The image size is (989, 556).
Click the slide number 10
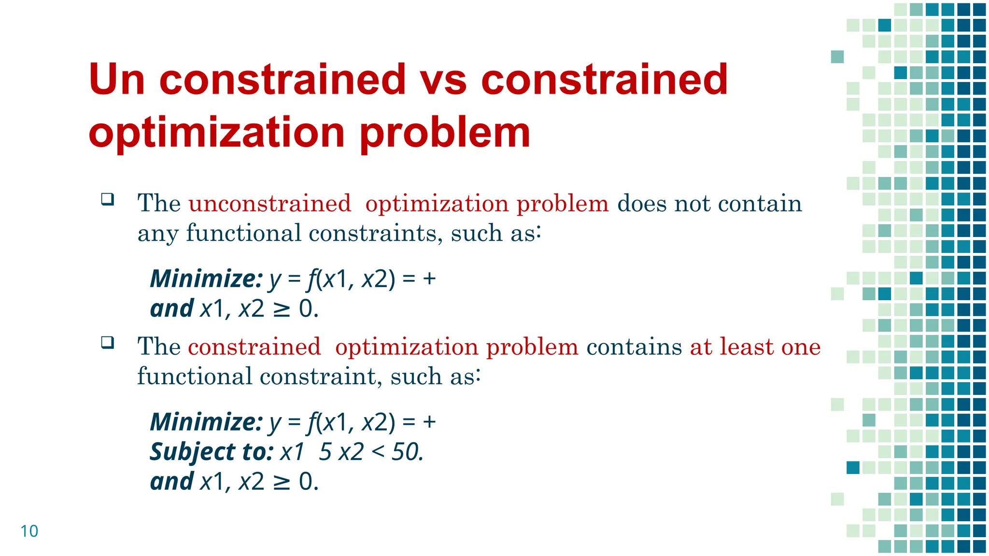(29, 531)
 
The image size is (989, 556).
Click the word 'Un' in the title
(117, 80)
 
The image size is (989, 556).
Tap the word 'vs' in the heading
(443, 80)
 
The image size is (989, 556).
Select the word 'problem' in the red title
(445, 133)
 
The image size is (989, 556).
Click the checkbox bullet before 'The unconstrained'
(108, 199)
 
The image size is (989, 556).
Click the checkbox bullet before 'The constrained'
(108, 343)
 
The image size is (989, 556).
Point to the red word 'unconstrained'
(269, 203)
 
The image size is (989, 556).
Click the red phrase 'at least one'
(755, 347)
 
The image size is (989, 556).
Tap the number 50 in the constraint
(407, 452)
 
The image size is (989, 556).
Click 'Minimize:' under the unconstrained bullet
(206, 279)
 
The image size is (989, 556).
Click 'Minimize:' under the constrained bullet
(206, 422)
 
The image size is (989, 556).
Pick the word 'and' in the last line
(172, 482)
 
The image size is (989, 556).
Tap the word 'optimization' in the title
(216, 133)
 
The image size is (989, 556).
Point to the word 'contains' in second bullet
(634, 347)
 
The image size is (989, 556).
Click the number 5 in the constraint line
(325, 452)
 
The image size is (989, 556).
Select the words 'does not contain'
(709, 203)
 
